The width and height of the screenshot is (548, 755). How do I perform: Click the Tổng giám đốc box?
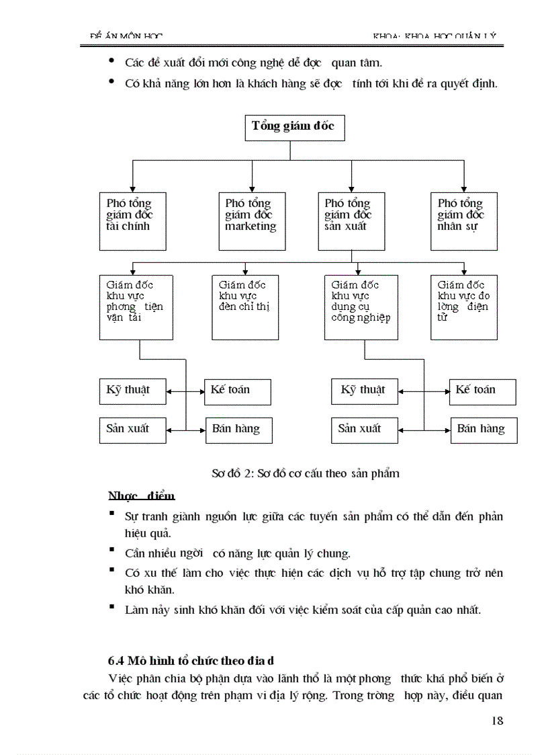[x=294, y=127]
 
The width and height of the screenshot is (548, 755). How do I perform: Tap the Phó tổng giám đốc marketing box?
[x=250, y=221]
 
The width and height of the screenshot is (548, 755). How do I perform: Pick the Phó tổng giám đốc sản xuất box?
[x=351, y=221]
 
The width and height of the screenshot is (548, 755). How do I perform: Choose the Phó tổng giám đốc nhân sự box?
[x=464, y=221]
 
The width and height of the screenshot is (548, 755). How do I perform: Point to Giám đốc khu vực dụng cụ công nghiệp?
[x=360, y=307]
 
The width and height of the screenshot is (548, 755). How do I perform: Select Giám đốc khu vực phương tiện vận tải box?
[x=134, y=307]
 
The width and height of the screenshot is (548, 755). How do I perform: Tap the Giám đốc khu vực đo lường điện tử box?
[x=464, y=307]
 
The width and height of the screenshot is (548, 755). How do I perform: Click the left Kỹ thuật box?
[x=132, y=391]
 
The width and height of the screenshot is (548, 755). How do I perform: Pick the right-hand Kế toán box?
[x=482, y=391]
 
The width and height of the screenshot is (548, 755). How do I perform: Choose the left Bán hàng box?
[x=238, y=430]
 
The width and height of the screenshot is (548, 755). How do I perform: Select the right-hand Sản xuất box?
[x=364, y=430]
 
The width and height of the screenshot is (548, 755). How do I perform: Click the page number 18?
[x=497, y=721]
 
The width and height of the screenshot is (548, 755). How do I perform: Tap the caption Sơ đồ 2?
[x=305, y=473]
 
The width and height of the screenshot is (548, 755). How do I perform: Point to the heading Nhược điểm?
[x=141, y=496]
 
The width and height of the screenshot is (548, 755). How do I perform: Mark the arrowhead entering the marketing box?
[x=251, y=188]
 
